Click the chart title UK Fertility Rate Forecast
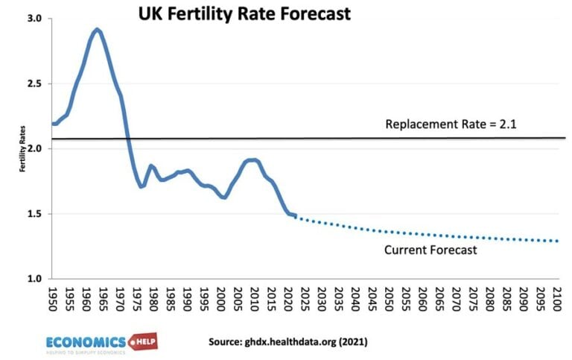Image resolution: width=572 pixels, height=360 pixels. tap(244, 14)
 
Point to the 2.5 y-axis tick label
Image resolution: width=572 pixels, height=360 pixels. tap(34, 83)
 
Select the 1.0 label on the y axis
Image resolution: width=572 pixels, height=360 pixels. tap(34, 280)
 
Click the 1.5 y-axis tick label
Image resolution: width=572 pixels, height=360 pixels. tap(34, 215)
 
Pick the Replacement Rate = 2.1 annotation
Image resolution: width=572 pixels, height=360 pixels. tap(451, 124)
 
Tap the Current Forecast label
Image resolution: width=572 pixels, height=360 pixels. tap(430, 250)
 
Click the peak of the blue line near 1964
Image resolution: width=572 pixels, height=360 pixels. tap(97, 30)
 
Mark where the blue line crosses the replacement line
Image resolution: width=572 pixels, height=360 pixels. tap(127, 139)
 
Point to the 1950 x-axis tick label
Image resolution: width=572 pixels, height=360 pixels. tap(53, 298)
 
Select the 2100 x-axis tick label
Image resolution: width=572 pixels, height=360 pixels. tap(558, 298)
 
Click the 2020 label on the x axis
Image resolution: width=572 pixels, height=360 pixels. tap(288, 298)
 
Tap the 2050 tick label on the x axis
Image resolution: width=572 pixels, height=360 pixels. tap(390, 298)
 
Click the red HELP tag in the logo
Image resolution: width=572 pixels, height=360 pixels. tap(143, 341)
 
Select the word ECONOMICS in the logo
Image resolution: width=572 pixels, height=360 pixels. tap(86, 341)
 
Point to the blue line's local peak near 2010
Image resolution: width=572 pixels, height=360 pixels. tap(252, 160)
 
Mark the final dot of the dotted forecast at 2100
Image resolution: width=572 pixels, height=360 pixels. tap(557, 241)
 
